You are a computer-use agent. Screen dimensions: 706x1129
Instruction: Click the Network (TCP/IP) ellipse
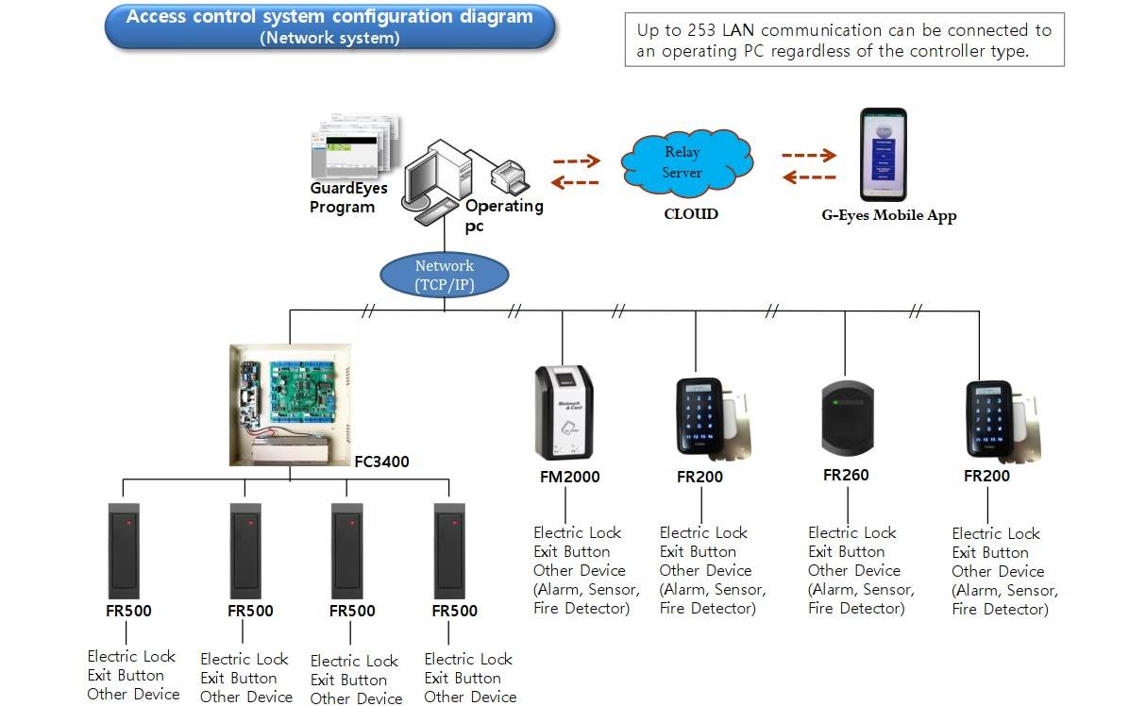445,275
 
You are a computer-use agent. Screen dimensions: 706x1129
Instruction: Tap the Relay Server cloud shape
687,161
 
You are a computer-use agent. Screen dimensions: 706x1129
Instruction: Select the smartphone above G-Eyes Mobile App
884,154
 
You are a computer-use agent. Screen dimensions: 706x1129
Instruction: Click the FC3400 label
381,462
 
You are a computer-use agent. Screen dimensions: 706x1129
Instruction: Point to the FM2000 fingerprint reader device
564,412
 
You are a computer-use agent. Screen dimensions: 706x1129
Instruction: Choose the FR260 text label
846,475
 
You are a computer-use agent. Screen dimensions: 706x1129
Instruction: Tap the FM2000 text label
569,477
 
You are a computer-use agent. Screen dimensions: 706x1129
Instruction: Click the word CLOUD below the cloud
691,214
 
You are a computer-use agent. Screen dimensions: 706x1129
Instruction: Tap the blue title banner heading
329,25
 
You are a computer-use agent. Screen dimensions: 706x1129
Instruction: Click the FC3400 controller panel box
290,404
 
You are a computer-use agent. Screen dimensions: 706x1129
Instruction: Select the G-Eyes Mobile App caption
888,215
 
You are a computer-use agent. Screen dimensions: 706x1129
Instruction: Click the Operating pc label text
504,215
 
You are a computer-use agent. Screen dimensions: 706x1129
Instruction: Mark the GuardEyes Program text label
347,197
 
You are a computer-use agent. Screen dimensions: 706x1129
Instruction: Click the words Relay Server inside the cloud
682,161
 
